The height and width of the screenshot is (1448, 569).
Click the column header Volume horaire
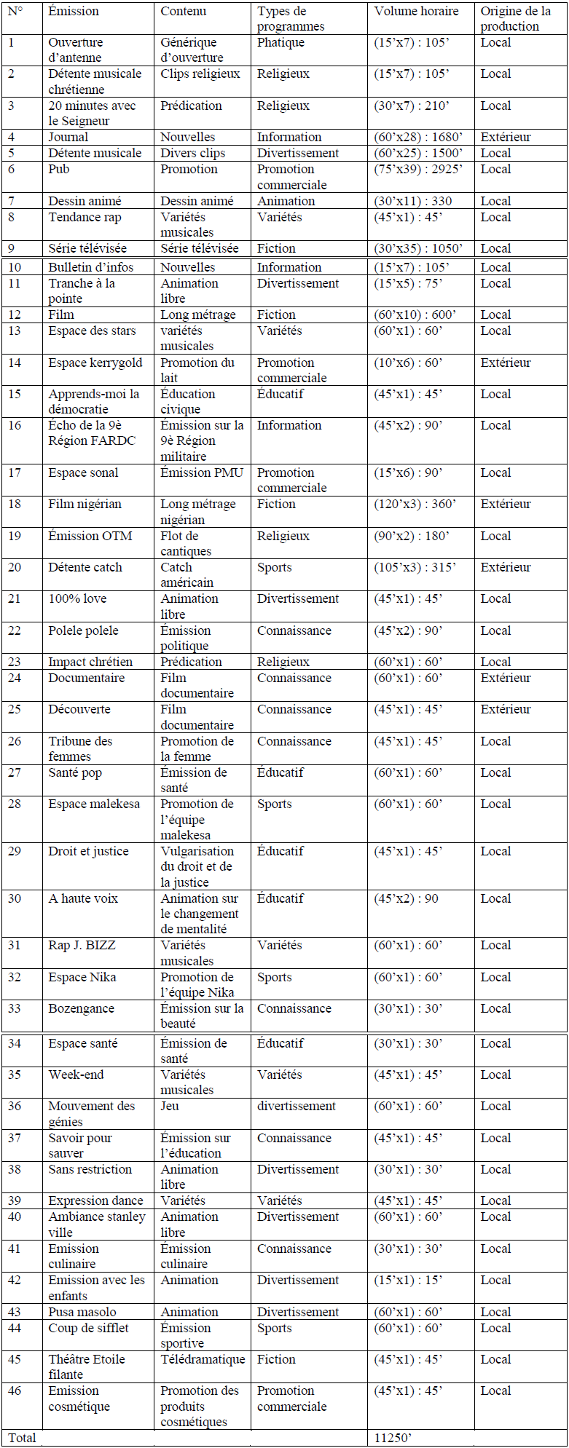(416, 12)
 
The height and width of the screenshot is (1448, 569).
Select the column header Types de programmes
(291, 19)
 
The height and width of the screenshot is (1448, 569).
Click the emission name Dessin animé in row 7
(85, 201)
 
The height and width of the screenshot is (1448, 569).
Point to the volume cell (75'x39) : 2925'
(418, 169)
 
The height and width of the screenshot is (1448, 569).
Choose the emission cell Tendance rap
(85, 217)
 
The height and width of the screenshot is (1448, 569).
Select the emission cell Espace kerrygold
(95, 363)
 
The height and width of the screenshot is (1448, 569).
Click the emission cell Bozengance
(81, 1008)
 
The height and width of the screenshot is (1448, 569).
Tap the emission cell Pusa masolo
(82, 1312)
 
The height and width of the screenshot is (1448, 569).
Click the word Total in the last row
(22, 1438)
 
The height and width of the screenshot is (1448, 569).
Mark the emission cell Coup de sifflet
(88, 1328)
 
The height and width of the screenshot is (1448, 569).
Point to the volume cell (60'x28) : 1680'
(418, 137)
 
